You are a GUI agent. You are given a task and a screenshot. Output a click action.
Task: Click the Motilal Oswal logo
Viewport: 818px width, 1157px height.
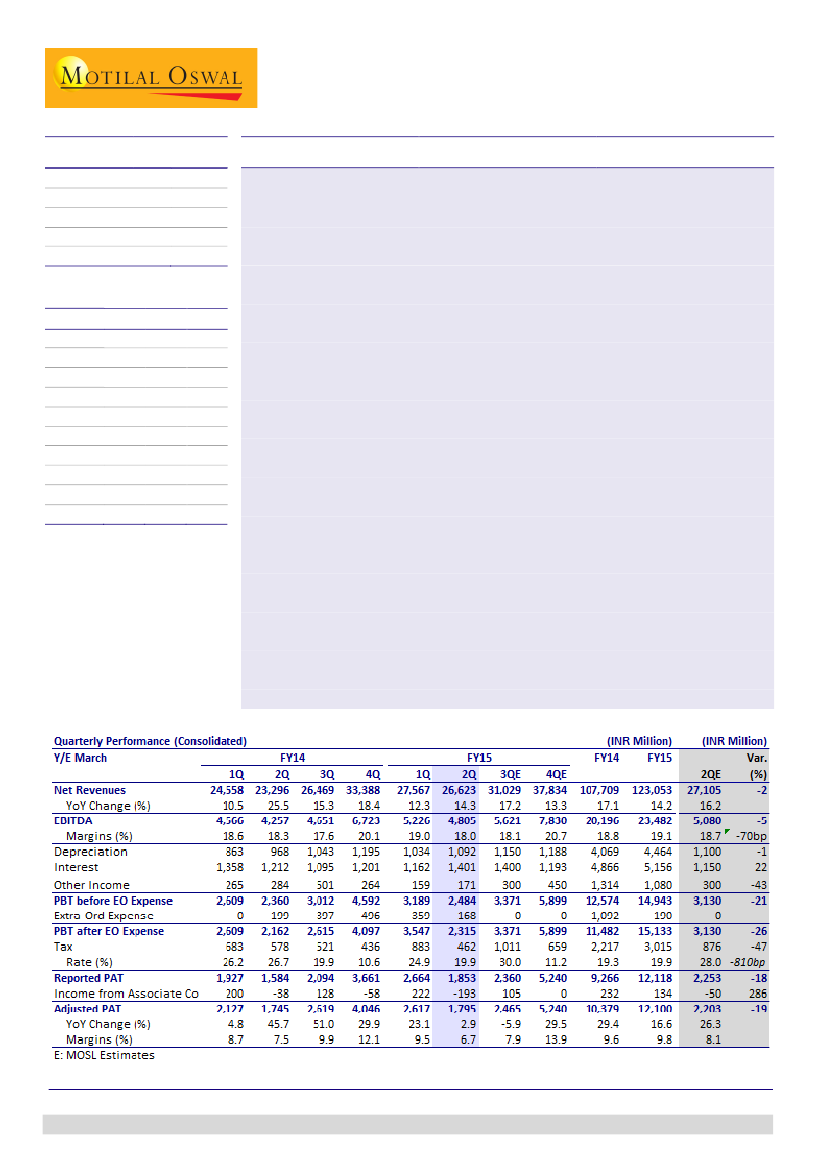click(150, 77)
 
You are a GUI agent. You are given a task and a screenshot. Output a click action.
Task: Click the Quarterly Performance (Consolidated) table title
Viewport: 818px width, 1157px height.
click(150, 741)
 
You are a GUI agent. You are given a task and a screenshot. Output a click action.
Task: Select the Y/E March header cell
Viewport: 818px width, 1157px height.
click(80, 758)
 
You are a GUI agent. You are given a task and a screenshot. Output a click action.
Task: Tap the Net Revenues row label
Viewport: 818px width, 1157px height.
click(90, 791)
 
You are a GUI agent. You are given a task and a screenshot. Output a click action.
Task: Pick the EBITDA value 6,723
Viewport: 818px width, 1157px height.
click(365, 820)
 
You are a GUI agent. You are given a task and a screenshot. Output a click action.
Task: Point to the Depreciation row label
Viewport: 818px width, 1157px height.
click(92, 852)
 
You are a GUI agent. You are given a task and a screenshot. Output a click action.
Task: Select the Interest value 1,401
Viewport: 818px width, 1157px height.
click(463, 868)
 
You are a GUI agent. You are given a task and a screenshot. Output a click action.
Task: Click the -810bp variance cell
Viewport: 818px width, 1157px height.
click(749, 962)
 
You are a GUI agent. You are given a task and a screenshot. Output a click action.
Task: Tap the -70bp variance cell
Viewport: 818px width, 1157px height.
click(749, 836)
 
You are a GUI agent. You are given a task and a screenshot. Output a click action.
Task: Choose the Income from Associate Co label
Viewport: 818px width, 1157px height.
click(120, 993)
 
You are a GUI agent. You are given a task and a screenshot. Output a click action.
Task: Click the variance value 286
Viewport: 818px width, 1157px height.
click(757, 993)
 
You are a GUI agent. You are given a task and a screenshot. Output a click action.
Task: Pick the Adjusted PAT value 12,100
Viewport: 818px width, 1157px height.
click(659, 1009)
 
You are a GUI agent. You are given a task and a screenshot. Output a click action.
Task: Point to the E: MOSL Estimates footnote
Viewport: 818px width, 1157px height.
click(104, 1055)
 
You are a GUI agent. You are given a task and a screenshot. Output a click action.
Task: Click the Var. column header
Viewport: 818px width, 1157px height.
click(755, 758)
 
